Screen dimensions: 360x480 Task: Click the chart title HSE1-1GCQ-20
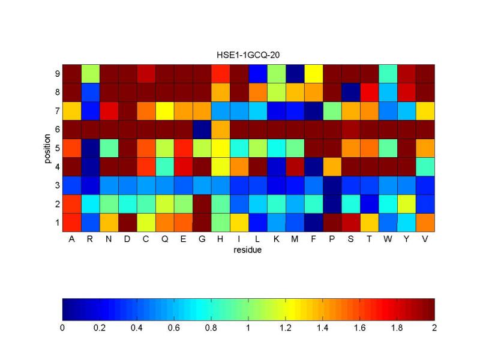[x=248, y=55]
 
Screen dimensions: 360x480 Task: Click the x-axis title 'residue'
[x=248, y=250]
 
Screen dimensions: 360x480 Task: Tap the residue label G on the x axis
[x=202, y=240]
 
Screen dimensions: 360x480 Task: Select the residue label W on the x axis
[x=388, y=240]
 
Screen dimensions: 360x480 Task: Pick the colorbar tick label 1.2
[x=286, y=328]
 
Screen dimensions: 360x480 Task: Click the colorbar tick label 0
[x=62, y=328]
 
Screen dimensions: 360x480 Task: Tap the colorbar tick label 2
[x=434, y=328]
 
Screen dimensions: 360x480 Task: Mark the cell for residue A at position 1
[x=72, y=223]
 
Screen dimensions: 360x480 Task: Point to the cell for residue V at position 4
[x=425, y=167]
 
